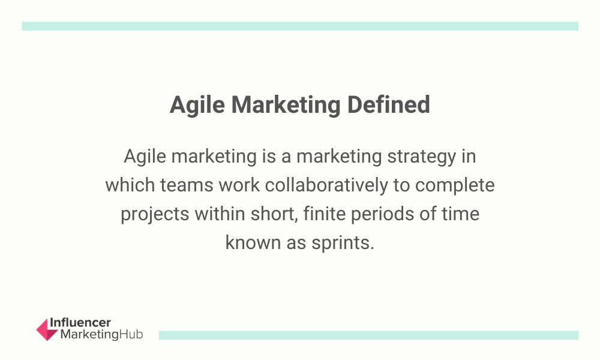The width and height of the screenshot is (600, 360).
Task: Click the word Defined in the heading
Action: pos(388,104)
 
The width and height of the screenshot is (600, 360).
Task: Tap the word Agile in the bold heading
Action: pos(197,105)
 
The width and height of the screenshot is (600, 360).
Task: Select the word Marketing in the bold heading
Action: pos(286,105)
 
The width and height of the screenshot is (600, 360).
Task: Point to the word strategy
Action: pos(422,157)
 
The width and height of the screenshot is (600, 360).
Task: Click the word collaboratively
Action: pos(326,185)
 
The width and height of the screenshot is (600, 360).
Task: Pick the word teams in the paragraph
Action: pos(187,185)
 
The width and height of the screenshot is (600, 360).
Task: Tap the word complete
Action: pos(455,186)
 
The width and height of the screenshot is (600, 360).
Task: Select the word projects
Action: pos(155,214)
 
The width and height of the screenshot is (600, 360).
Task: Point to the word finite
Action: pos(325,214)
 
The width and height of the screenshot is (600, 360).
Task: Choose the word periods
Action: pos(382,214)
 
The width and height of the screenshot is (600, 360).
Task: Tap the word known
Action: pos(253,242)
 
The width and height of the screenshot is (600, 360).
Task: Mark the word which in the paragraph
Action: pos(130,185)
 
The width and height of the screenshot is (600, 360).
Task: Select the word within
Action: pos(220,214)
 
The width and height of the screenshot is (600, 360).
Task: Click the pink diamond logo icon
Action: pos(47,329)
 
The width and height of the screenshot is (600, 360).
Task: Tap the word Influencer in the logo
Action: pos(80,323)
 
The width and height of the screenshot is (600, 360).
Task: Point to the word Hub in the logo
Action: pos(131,334)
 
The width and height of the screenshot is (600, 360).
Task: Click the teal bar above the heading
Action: pos(300,26)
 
